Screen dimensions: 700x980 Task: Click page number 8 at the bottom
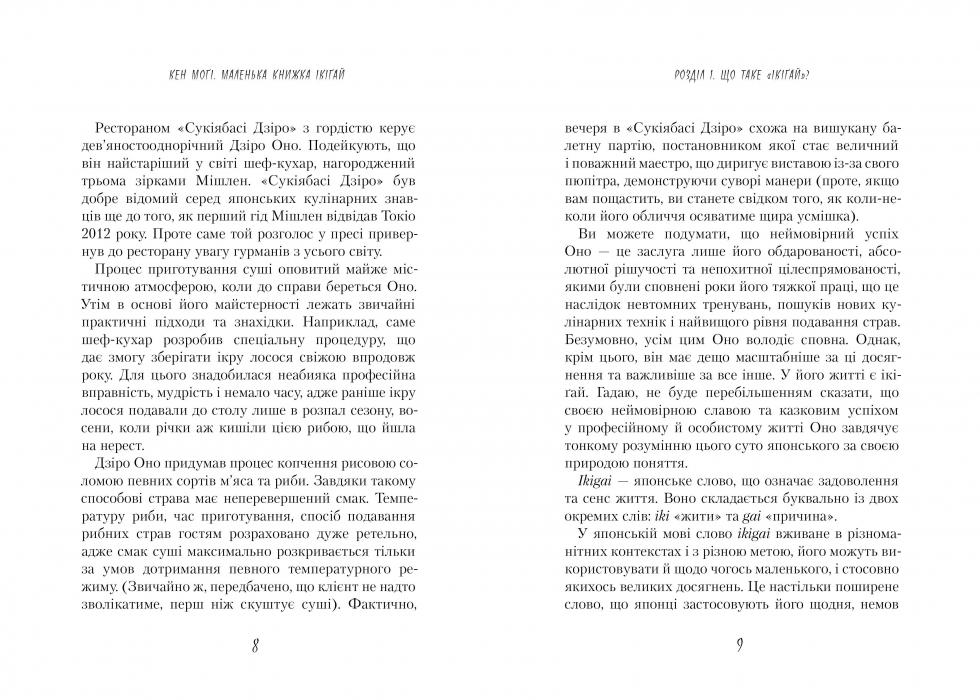click(256, 645)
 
